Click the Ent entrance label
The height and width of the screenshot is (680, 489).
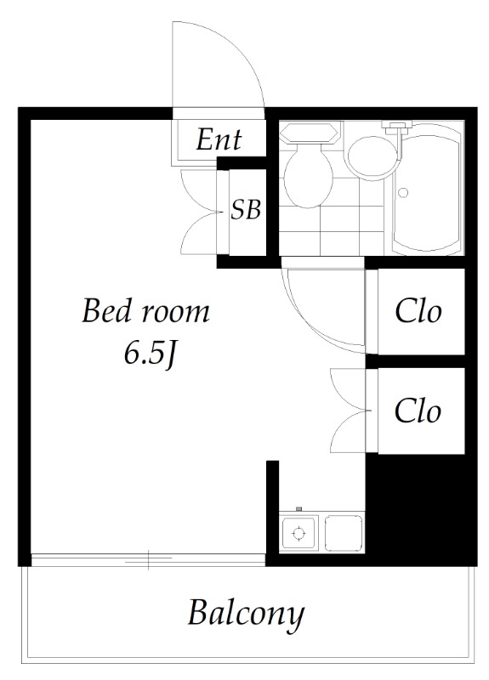pyautogui.click(x=219, y=139)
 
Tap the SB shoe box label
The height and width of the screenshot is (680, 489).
pyautogui.click(x=246, y=209)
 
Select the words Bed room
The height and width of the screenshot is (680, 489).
pyautogui.click(x=145, y=311)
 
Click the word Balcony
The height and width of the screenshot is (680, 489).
pyautogui.click(x=246, y=613)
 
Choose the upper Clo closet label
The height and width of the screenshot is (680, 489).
pyautogui.click(x=418, y=311)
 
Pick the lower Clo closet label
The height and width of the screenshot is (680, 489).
pyautogui.click(x=418, y=411)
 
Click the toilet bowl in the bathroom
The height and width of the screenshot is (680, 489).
pyautogui.click(x=308, y=176)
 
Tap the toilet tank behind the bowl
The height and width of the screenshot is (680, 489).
pyautogui.click(x=309, y=133)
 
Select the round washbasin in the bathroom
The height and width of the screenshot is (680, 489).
pyautogui.click(x=372, y=158)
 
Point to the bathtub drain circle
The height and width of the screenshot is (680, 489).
pyautogui.click(x=403, y=193)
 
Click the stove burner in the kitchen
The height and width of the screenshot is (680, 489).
pyautogui.click(x=299, y=533)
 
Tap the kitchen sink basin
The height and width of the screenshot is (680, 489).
pyautogui.click(x=344, y=534)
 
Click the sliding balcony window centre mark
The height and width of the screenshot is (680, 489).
pyautogui.click(x=148, y=559)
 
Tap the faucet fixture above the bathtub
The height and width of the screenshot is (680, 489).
pyautogui.click(x=396, y=126)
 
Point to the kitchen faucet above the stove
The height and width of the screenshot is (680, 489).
pyautogui.click(x=299, y=508)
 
